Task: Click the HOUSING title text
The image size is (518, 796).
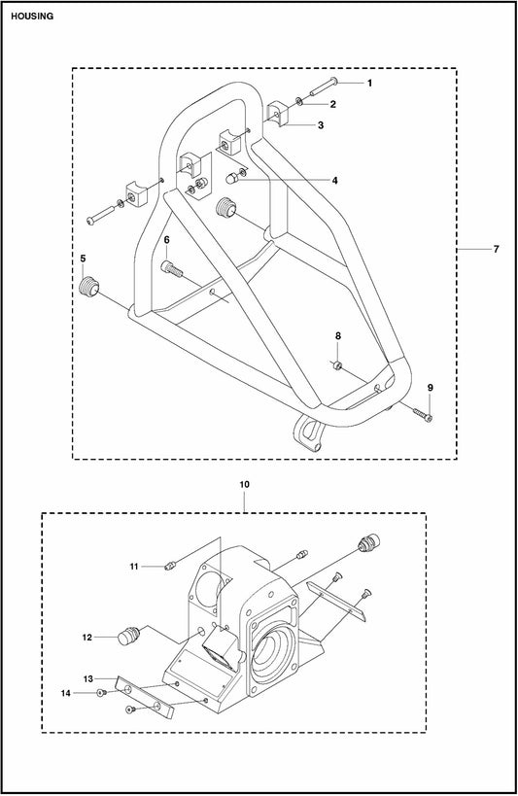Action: [x=32, y=17]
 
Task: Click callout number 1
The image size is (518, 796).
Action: [x=369, y=83]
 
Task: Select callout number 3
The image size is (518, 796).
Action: [x=321, y=124]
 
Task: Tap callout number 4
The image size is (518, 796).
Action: [x=334, y=180]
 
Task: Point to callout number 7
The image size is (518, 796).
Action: [x=497, y=249]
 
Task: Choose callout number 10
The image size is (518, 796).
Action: [x=244, y=485]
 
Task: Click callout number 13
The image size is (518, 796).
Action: [x=88, y=678]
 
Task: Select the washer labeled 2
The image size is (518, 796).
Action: [x=300, y=103]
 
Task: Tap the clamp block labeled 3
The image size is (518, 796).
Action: [x=276, y=115]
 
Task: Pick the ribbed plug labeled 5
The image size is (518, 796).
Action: [x=89, y=287]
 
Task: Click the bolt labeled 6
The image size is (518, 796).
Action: [x=172, y=268]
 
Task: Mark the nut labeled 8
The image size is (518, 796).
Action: [x=337, y=365]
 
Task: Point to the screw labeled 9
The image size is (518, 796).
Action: [x=423, y=415]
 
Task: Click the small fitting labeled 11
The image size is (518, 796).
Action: [x=170, y=565]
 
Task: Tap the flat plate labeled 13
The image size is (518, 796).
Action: [x=145, y=697]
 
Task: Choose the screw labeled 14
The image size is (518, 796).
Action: [x=100, y=693]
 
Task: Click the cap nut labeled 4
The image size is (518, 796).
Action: [x=231, y=179]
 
